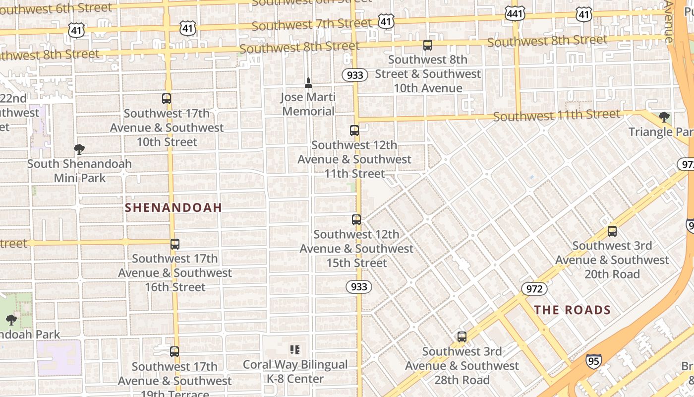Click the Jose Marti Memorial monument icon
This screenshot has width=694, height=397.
(x=308, y=82)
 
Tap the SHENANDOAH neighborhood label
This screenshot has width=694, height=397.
(x=173, y=207)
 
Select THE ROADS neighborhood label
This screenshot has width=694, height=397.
(x=572, y=310)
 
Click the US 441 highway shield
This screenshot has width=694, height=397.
(x=515, y=13)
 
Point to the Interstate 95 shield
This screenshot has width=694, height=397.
(x=593, y=361)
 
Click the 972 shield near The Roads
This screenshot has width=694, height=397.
(x=534, y=289)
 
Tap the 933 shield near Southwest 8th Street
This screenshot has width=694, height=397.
(x=355, y=75)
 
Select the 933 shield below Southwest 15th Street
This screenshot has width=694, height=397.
(x=358, y=287)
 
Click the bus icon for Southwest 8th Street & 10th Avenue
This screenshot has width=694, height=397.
(x=427, y=45)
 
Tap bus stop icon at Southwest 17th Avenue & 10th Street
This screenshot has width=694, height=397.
(x=167, y=99)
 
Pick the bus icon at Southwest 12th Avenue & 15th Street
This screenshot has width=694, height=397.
(x=356, y=219)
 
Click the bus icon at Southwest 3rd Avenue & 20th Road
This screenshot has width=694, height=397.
(x=612, y=231)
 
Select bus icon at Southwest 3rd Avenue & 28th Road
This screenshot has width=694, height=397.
(x=462, y=337)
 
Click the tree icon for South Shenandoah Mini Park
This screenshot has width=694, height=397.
(x=79, y=149)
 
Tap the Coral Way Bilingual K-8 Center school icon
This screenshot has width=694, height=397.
(x=295, y=350)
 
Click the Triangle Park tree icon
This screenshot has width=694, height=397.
(x=664, y=117)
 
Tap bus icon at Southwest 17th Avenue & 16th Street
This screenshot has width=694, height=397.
(x=174, y=244)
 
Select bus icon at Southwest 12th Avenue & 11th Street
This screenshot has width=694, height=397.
(x=354, y=131)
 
